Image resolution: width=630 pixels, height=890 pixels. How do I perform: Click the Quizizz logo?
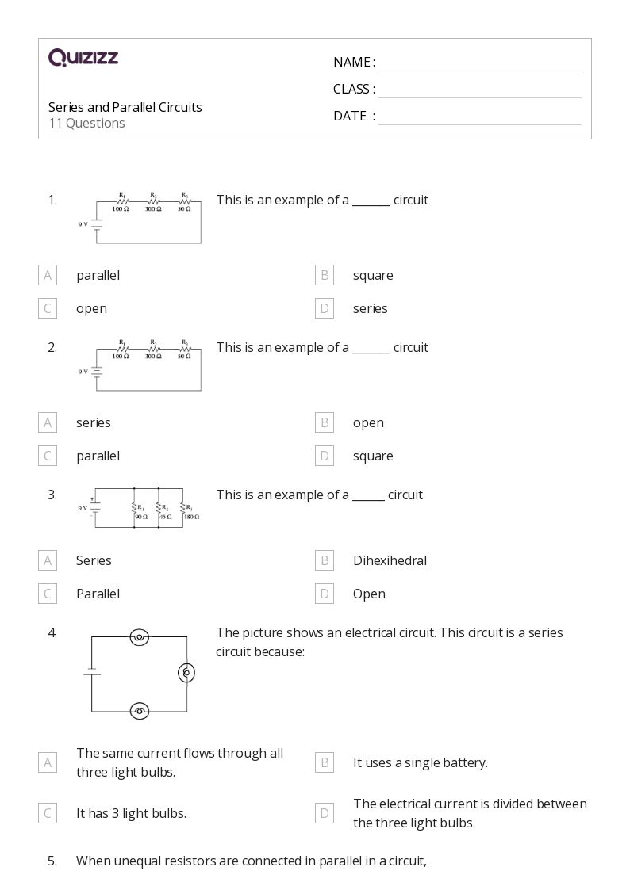pyautogui.click(x=83, y=57)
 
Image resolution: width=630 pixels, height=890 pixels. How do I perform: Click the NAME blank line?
pyautogui.click(x=479, y=63)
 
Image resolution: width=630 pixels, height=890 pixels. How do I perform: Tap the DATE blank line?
pyautogui.click(x=479, y=117)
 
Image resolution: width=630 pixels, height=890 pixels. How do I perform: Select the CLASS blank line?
pyautogui.click(x=479, y=90)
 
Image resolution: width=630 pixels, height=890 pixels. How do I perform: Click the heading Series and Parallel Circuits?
pyautogui.click(x=125, y=107)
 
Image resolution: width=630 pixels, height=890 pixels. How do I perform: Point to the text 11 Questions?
pyautogui.click(x=86, y=123)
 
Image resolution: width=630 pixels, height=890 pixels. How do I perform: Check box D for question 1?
pyautogui.click(x=324, y=308)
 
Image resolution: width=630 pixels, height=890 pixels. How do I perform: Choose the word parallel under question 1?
pyautogui.click(x=98, y=275)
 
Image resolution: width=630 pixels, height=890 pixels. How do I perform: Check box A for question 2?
pyautogui.click(x=48, y=422)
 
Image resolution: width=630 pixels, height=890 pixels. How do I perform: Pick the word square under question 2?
pyautogui.click(x=373, y=456)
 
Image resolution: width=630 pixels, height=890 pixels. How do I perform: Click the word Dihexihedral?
pyautogui.click(x=390, y=560)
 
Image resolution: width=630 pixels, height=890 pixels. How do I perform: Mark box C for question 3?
pyautogui.click(x=48, y=594)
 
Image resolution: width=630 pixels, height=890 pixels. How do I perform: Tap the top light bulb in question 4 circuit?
pyautogui.click(x=140, y=636)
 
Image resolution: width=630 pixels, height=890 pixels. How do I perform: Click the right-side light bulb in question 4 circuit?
pyautogui.click(x=186, y=673)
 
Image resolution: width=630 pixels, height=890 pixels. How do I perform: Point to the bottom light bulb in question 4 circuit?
pyautogui.click(x=140, y=711)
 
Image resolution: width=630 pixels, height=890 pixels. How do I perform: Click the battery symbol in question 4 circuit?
pyautogui.click(x=91, y=672)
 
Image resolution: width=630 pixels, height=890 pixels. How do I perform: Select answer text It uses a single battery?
pyautogui.click(x=420, y=762)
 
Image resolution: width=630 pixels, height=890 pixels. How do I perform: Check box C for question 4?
pyautogui.click(x=48, y=813)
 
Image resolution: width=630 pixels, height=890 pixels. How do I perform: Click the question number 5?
pyautogui.click(x=52, y=861)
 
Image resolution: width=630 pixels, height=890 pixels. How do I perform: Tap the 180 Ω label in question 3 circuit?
pyautogui.click(x=192, y=517)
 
